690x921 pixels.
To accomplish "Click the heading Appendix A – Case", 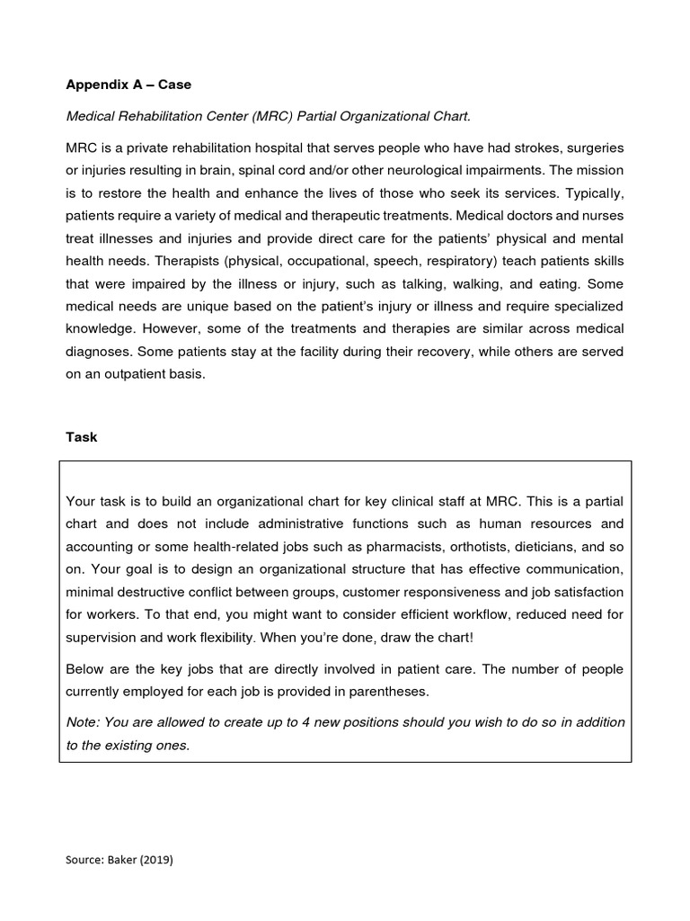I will [x=128, y=85].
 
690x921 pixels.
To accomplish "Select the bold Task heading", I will [x=82, y=437].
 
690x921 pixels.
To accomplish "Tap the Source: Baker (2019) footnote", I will [x=119, y=860].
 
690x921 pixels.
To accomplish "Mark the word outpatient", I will [x=128, y=373].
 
